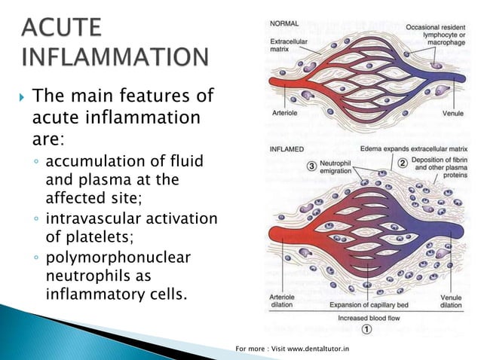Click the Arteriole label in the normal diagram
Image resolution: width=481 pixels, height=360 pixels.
pyautogui.click(x=284, y=114)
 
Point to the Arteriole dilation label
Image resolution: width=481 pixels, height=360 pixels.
pyautogui.click(x=285, y=302)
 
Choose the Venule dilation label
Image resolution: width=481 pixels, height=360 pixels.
pyautogui.click(x=451, y=302)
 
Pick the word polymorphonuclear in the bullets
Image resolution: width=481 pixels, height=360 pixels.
pyautogui.click(x=118, y=258)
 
